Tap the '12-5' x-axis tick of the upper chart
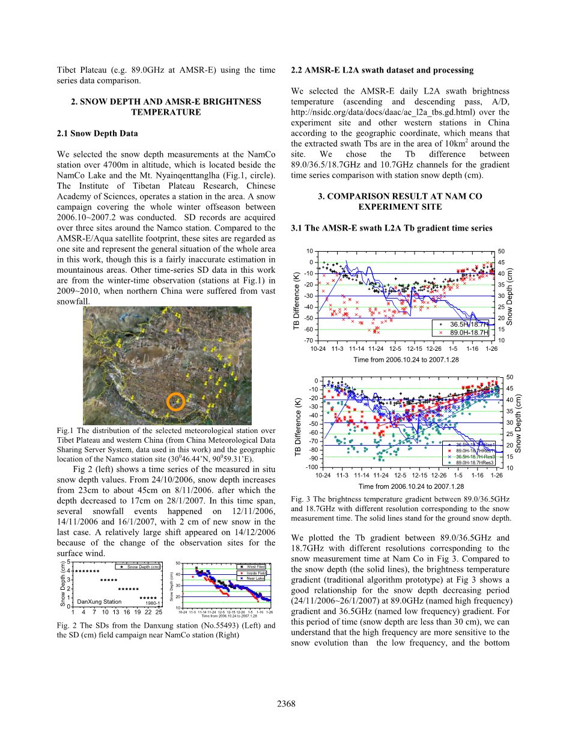(x=395, y=348)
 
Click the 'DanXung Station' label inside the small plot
(x=99, y=601)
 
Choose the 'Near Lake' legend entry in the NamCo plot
(x=256, y=578)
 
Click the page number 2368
(x=286, y=704)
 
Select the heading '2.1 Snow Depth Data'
(x=94, y=133)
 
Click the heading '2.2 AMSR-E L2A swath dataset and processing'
(x=382, y=70)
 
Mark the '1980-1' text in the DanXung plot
(x=152, y=603)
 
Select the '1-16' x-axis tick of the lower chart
(x=477, y=475)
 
